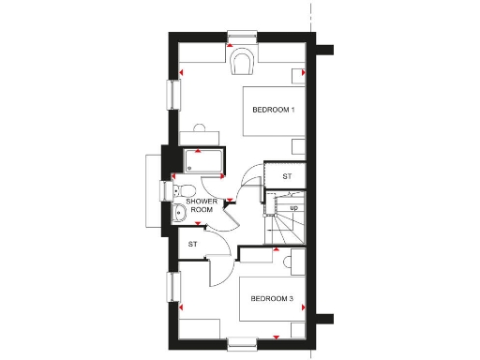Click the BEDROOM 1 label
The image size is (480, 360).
pos(274,111)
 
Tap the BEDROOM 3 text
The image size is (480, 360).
pos(273,299)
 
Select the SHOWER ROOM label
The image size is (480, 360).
pos(202,205)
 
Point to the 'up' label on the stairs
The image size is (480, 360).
pos(293,207)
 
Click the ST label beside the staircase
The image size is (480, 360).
pos(287,176)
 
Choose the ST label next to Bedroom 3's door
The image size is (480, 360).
pos(192,245)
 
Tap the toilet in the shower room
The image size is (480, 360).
pos(181,190)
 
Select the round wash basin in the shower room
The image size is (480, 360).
pos(180,212)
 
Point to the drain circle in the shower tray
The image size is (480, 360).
pos(190,170)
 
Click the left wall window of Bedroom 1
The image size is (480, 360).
pos(172,94)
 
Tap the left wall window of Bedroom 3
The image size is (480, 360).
pos(172,287)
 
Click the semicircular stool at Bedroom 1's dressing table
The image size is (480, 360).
pos(200,127)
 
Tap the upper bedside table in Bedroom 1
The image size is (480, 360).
pos(298,72)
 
